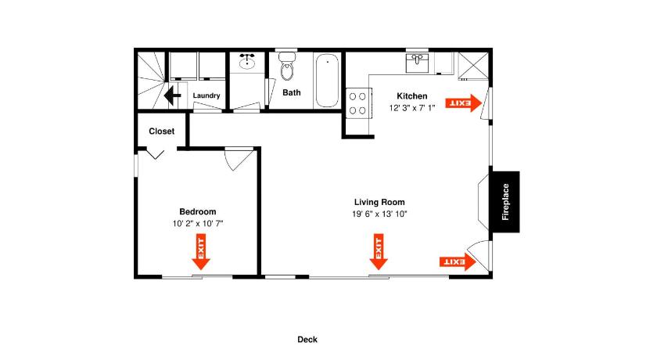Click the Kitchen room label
click(x=412, y=96)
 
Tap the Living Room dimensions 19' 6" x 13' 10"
click(x=379, y=214)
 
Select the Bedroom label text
click(x=198, y=211)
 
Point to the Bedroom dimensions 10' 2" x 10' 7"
click(x=198, y=224)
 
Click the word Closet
click(x=162, y=131)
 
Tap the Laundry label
click(x=206, y=95)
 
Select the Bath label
click(x=292, y=92)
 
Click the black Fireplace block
click(x=505, y=202)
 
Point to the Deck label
click(x=307, y=340)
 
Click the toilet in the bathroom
click(x=287, y=66)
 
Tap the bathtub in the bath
click(x=327, y=81)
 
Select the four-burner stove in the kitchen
click(x=358, y=103)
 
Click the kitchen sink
click(x=417, y=63)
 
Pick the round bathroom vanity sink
click(x=247, y=63)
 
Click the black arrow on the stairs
click(x=172, y=95)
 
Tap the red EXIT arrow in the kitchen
click(x=463, y=103)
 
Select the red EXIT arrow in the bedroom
click(x=201, y=252)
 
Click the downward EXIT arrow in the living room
click(x=379, y=252)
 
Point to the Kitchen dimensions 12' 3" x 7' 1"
click(x=412, y=108)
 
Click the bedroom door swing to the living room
click(x=238, y=158)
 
